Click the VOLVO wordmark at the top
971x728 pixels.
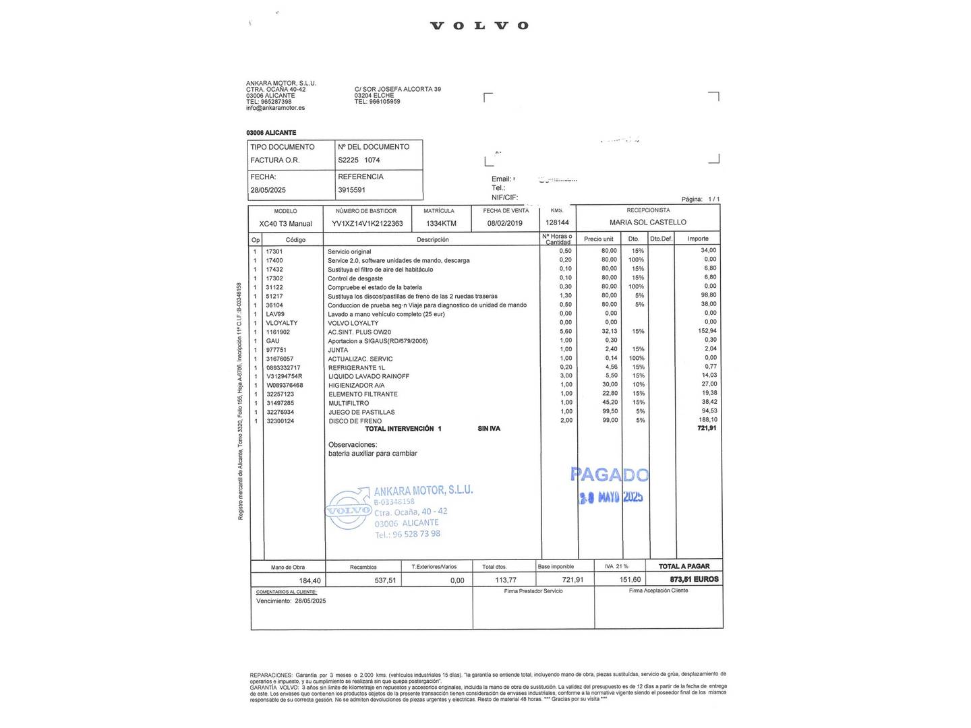click(479, 26)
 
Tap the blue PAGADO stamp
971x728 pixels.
click(610, 475)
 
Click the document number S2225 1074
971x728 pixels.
click(359, 160)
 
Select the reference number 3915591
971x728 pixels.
click(351, 190)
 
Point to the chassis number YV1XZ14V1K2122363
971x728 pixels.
click(367, 224)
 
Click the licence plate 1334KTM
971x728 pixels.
click(441, 224)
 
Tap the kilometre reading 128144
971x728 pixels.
click(557, 222)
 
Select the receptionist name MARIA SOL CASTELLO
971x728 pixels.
click(647, 222)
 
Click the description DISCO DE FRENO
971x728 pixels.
click(355, 421)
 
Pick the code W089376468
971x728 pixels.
click(285, 386)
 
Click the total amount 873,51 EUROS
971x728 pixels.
click(694, 580)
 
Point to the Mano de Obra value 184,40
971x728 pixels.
click(310, 581)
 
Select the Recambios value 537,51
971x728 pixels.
click(385, 580)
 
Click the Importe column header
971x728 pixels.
click(698, 239)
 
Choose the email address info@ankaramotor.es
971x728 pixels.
click(275, 108)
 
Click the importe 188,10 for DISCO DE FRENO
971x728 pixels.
click(707, 420)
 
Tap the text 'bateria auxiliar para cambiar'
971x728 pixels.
click(372, 454)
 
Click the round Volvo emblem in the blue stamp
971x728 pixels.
click(349, 510)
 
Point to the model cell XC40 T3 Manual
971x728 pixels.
click(285, 224)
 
